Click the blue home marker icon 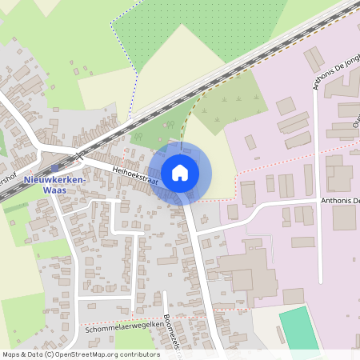click(x=180, y=172)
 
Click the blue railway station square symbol click(x=54, y=169)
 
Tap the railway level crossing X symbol click(x=78, y=153)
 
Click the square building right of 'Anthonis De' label click(x=345, y=217)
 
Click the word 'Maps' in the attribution click(x=11, y=354)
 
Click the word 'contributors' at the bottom click(x=134, y=354)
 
